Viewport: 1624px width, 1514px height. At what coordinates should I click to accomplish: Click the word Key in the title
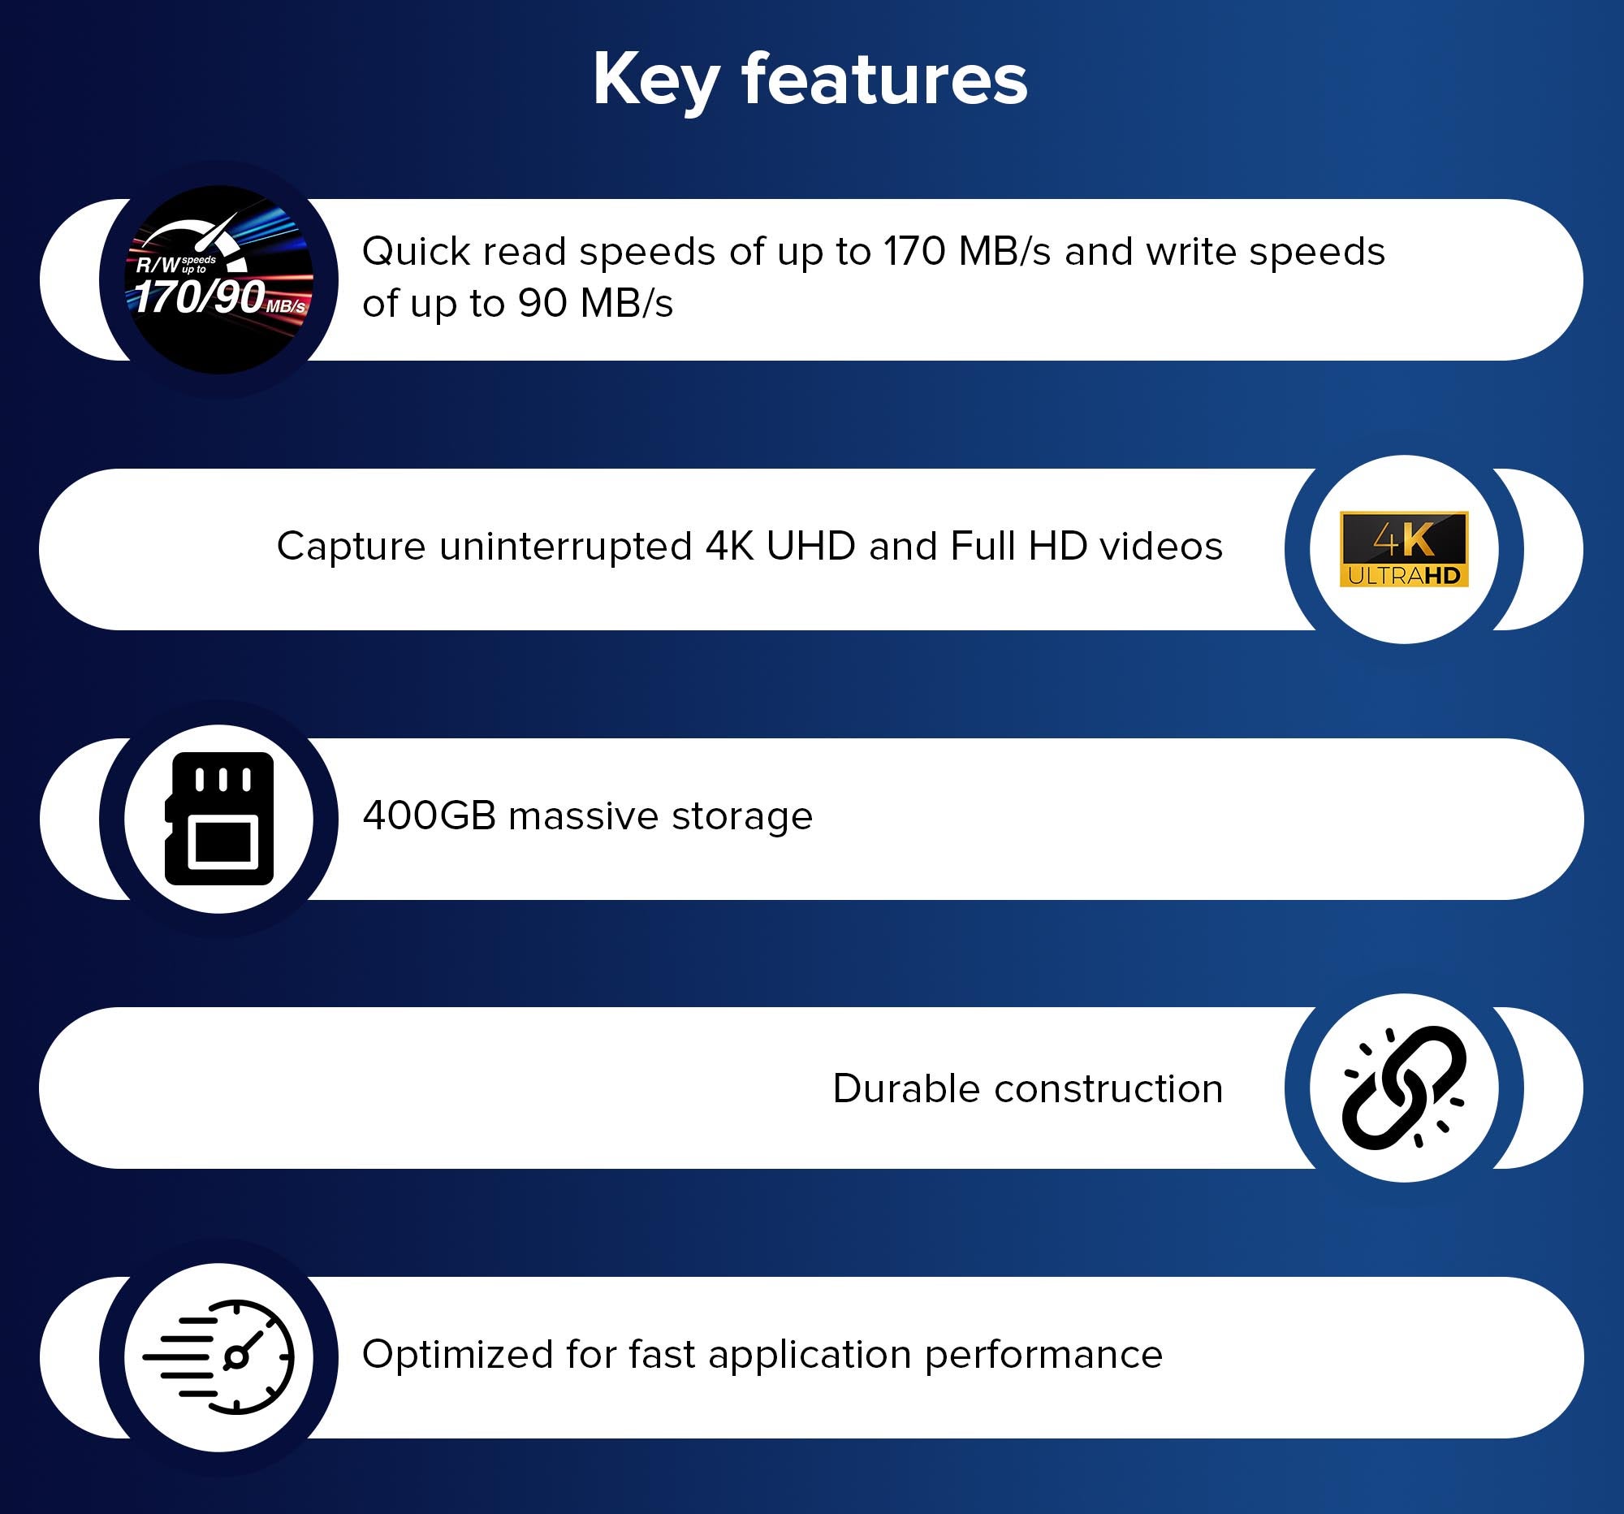(656, 80)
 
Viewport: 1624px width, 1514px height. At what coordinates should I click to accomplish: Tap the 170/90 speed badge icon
(218, 279)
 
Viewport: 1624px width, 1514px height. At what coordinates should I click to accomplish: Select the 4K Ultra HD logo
(1403, 549)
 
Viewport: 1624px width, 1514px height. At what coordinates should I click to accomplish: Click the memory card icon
(219, 819)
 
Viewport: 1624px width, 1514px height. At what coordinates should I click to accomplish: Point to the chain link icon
(1403, 1088)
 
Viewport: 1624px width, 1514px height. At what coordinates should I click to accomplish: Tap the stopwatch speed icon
(218, 1357)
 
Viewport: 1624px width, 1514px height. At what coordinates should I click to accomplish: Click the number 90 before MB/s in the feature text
(542, 303)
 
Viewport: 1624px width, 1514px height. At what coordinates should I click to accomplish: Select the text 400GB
(429, 815)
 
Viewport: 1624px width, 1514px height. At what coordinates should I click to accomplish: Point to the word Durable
(906, 1088)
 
